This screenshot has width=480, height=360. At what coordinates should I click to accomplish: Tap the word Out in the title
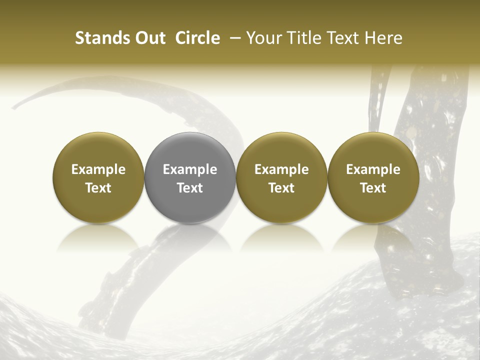point(149,38)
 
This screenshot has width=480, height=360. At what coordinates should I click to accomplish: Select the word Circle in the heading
point(197,38)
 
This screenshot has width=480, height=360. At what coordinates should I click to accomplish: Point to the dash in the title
point(233,38)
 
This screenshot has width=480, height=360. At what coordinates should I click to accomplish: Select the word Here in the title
point(383,38)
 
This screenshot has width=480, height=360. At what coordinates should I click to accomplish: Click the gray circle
point(190,150)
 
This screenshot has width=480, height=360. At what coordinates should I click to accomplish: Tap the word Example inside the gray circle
point(190,169)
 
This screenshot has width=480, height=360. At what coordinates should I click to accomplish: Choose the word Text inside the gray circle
point(190,188)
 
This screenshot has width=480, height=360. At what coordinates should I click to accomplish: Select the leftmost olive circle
point(98,150)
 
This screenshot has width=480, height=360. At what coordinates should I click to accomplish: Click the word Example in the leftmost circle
point(98,169)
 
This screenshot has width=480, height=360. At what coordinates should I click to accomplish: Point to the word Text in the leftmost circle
point(98,188)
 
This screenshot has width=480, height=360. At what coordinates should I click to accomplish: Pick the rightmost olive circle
point(373,150)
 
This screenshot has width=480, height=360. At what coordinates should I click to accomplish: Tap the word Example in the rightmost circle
point(373,169)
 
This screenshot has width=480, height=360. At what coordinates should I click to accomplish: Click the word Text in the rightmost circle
point(373,188)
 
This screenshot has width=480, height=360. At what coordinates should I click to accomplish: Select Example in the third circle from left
point(281,169)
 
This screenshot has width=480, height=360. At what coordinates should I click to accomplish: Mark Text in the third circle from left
point(281,188)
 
